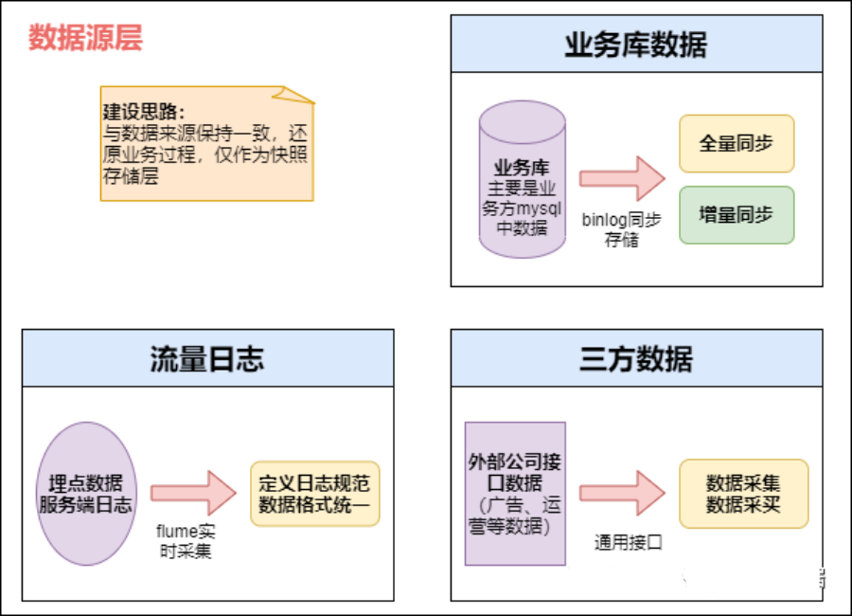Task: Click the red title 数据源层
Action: click(x=85, y=39)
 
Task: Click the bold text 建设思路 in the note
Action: click(x=143, y=111)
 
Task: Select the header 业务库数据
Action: click(x=635, y=44)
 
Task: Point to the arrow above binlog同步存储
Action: click(x=622, y=178)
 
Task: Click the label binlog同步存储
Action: click(x=622, y=229)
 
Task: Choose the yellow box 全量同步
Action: click(x=736, y=144)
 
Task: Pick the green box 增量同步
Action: click(x=736, y=215)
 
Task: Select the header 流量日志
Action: click(x=207, y=357)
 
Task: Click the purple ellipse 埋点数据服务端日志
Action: click(x=86, y=494)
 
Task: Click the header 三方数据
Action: click(x=635, y=357)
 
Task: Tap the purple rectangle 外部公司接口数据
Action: click(x=515, y=494)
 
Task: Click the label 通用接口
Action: click(x=628, y=542)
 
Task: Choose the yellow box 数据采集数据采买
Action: click(x=743, y=494)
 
